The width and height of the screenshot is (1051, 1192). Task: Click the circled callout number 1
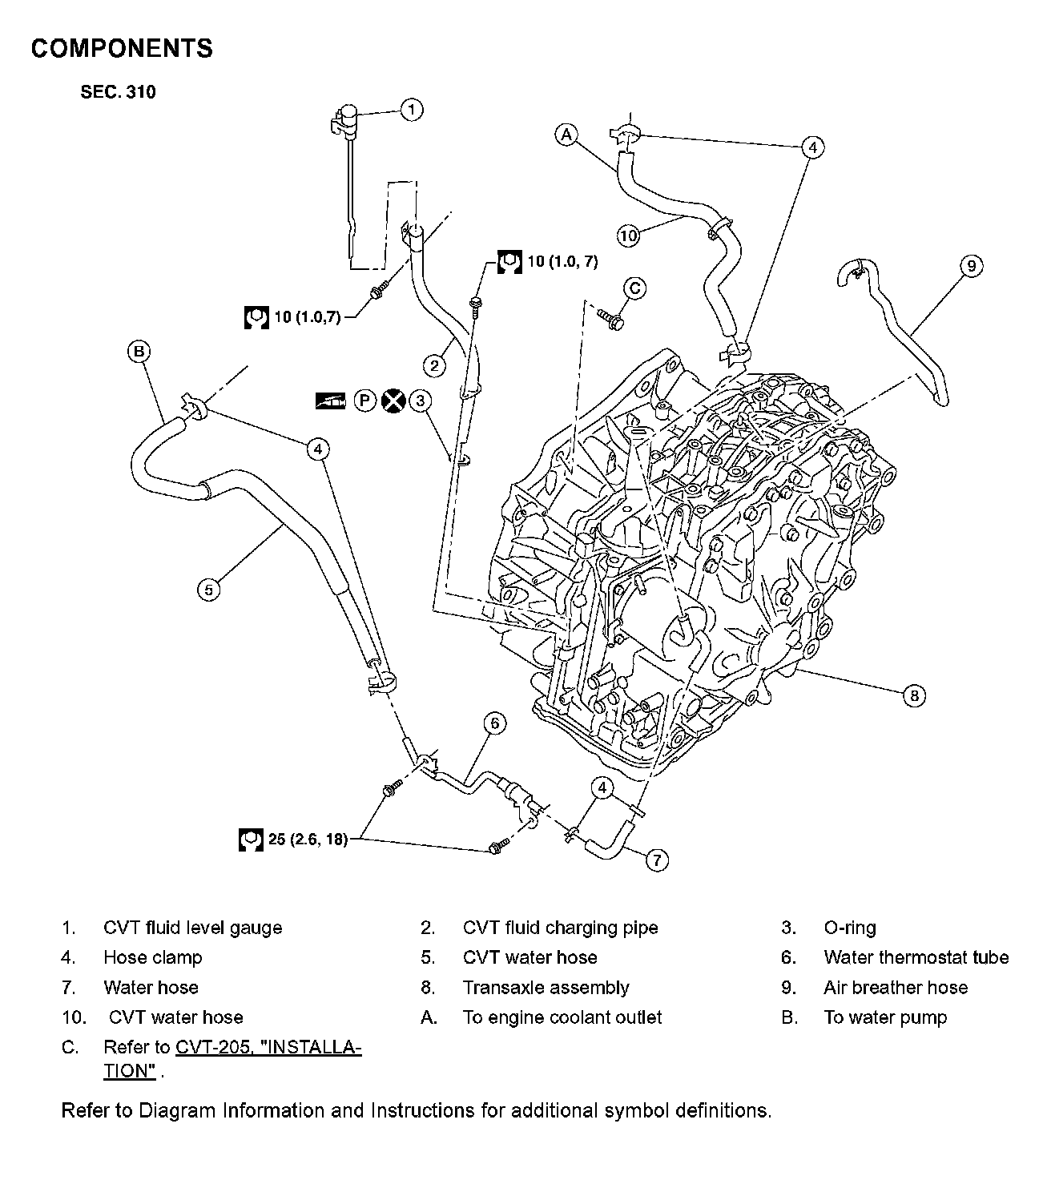click(411, 109)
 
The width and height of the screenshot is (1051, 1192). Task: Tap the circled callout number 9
click(971, 265)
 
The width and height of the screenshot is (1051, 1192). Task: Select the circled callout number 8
click(914, 695)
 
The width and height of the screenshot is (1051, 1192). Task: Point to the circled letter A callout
click(567, 135)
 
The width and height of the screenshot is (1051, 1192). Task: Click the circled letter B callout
click(139, 351)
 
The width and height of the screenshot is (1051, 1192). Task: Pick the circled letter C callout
click(634, 288)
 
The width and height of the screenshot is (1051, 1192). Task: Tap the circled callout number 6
click(495, 723)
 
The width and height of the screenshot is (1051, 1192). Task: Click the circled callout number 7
click(656, 860)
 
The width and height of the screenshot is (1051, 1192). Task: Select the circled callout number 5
click(208, 590)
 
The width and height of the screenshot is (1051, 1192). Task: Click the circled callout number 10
click(629, 236)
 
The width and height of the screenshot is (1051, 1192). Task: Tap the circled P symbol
click(365, 401)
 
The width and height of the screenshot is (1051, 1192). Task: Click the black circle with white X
click(393, 401)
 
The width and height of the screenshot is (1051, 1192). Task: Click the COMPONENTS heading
click(122, 49)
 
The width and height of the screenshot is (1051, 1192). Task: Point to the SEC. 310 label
click(118, 92)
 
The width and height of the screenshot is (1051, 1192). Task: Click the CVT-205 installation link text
click(268, 1048)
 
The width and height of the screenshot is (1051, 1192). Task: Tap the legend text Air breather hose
click(895, 988)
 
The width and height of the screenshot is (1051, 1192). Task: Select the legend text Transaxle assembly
click(546, 988)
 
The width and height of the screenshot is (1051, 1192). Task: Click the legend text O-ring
click(849, 928)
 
